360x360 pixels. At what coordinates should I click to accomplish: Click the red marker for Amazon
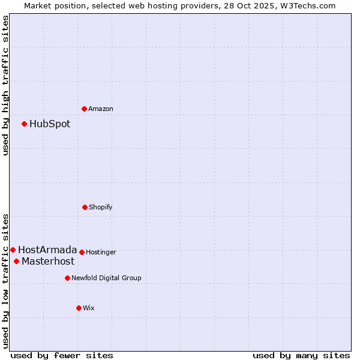(84, 109)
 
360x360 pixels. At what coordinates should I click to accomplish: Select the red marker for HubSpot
(24, 124)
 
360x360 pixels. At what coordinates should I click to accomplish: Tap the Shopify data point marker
(85, 207)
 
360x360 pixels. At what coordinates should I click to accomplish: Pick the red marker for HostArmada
(13, 250)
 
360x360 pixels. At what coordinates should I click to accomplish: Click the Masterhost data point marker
(16, 261)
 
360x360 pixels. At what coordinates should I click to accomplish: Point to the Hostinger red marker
(82, 252)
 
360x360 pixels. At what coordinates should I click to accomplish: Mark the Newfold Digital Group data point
(67, 278)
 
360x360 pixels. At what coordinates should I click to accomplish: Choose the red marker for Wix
(79, 308)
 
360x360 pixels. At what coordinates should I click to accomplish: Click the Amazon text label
(101, 109)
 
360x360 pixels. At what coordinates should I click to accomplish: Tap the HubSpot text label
(50, 124)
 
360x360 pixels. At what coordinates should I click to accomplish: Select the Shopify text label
(101, 208)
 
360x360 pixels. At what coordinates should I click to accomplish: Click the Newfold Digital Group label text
(107, 278)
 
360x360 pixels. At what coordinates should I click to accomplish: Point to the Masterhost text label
(48, 262)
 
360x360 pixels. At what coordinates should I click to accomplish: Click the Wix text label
(89, 308)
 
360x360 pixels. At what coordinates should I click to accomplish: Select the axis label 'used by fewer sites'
(62, 355)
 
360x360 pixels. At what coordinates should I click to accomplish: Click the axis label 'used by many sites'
(301, 355)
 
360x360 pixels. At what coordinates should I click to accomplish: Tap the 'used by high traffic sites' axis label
(6, 85)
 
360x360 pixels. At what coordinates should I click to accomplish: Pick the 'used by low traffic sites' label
(6, 280)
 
